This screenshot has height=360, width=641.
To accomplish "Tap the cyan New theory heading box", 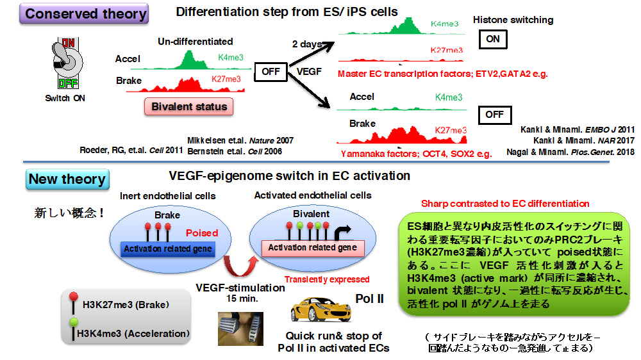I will tap(67, 179).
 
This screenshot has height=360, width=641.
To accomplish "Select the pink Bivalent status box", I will tap(189, 106).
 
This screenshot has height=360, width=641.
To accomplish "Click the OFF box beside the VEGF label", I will tap(271, 71).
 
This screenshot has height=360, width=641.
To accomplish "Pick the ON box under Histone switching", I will tap(493, 39).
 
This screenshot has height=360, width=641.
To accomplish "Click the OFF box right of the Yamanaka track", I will tap(494, 115).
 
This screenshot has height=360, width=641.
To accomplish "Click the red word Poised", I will tap(201, 233).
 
